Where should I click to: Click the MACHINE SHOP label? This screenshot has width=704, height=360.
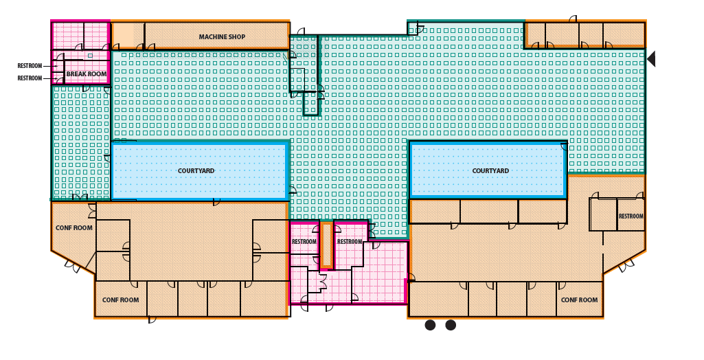pos(222,37)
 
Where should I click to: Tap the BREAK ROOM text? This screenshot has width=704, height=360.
pos(87,74)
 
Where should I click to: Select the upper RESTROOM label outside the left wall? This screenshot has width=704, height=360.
pos(30,66)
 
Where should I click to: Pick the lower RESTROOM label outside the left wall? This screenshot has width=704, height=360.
pos(30,78)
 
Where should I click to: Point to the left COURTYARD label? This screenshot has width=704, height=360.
pos(196,171)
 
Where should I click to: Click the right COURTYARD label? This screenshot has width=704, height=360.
pos(490,171)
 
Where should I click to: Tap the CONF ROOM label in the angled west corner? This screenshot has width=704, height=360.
pos(73,228)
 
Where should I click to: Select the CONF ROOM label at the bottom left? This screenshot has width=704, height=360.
pos(120,300)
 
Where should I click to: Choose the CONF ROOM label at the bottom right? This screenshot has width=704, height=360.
pos(579,300)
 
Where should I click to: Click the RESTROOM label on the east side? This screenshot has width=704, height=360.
pos(631,216)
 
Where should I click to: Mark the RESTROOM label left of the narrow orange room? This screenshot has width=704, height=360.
pos(304,242)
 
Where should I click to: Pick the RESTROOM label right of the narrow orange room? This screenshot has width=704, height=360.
pos(349,242)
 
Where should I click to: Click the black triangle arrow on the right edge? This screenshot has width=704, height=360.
pos(651,59)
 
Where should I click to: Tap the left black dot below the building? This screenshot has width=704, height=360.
pos(430,325)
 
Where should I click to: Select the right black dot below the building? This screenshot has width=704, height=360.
pos(451,325)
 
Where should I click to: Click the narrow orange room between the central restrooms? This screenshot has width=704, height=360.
pos(327,245)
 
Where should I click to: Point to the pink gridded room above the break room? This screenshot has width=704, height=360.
pos(80,35)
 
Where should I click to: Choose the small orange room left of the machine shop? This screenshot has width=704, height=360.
pos(127,35)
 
